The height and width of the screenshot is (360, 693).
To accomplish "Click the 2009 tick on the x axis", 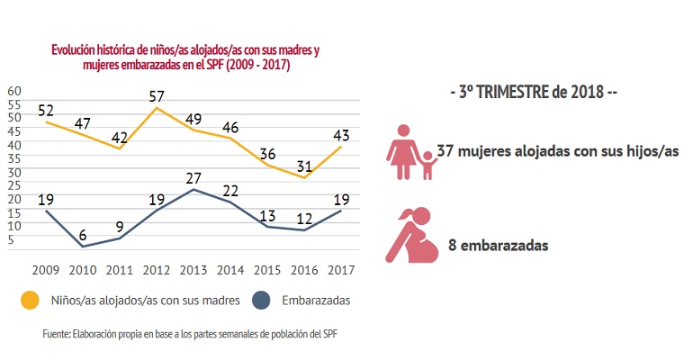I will [45, 269].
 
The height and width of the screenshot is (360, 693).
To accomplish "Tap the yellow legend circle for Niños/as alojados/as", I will [31, 299].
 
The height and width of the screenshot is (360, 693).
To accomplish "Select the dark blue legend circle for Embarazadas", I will [262, 299].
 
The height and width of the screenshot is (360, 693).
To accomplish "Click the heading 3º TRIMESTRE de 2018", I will [533, 94].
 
